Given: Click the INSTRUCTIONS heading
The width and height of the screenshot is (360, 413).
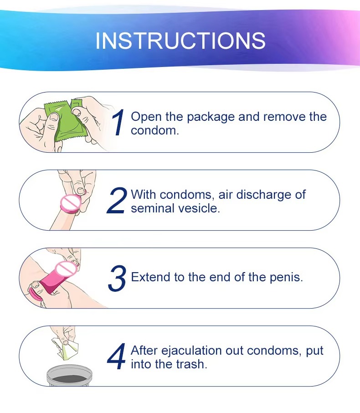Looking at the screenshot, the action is pyautogui.click(x=180, y=41).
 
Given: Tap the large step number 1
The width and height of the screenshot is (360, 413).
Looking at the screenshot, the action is pyautogui.click(x=118, y=123).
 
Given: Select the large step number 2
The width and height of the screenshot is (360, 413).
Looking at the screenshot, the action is pyautogui.click(x=117, y=200).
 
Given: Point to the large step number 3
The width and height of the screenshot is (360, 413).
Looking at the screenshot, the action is pyautogui.click(x=117, y=278).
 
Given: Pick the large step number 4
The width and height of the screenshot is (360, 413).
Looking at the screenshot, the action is pyautogui.click(x=117, y=356).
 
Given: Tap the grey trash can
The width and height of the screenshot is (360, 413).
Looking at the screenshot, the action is pyautogui.click(x=70, y=375).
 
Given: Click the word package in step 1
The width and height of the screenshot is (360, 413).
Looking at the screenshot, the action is pyautogui.click(x=211, y=118).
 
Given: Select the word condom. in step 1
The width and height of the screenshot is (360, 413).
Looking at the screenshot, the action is pyautogui.click(x=155, y=131).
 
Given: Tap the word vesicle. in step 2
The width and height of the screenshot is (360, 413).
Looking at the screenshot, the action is pyautogui.click(x=199, y=208).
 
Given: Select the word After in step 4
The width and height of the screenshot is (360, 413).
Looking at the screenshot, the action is pyautogui.click(x=144, y=351).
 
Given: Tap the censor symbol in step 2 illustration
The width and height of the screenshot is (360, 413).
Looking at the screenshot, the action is pyautogui.click(x=71, y=203).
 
